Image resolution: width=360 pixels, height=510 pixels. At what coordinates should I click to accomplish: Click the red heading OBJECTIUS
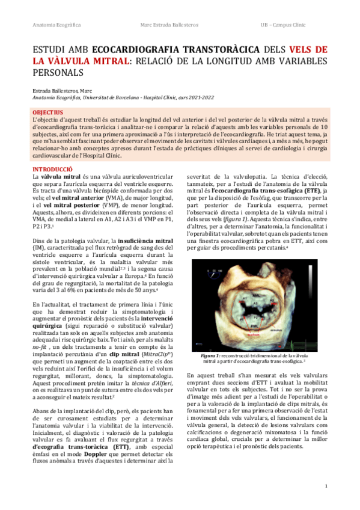pos(47,112)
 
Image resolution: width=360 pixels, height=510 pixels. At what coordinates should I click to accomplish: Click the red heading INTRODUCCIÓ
pos(52,170)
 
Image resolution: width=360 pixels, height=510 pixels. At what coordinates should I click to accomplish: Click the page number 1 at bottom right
pos(326,485)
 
